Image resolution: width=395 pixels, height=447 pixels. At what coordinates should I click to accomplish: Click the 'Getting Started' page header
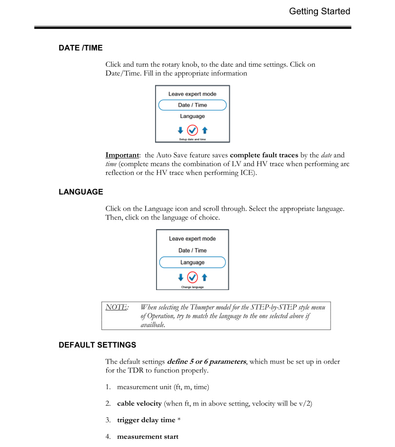point(319,11)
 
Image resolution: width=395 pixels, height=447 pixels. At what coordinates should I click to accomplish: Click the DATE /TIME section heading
point(80,48)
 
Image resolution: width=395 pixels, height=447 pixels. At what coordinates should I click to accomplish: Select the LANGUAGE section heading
point(81,192)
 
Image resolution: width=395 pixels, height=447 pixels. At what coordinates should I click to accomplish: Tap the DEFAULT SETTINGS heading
point(97,345)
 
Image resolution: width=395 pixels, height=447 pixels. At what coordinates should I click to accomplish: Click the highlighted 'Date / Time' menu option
point(192,105)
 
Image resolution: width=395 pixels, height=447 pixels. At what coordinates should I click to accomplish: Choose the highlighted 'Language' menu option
point(192,262)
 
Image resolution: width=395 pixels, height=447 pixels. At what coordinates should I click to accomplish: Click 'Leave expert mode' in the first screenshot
point(192,94)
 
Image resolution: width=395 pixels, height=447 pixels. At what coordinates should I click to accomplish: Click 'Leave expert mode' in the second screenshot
point(192,239)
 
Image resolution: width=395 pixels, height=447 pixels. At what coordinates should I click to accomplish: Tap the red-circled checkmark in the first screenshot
point(192,130)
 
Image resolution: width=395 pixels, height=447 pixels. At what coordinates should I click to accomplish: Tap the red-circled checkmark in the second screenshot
point(192,277)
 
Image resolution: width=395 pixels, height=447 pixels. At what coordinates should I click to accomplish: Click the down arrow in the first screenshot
point(180,130)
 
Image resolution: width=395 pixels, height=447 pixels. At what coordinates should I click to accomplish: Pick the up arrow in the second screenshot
point(204,277)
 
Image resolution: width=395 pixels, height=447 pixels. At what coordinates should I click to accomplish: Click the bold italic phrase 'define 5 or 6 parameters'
point(207,362)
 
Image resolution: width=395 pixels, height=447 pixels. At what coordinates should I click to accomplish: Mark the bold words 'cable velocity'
point(139,404)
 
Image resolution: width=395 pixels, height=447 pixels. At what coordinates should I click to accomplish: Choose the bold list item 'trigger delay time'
point(146,420)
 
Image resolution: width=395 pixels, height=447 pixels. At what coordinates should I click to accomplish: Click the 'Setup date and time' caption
point(192,139)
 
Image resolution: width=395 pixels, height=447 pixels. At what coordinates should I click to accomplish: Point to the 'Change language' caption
point(192,287)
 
